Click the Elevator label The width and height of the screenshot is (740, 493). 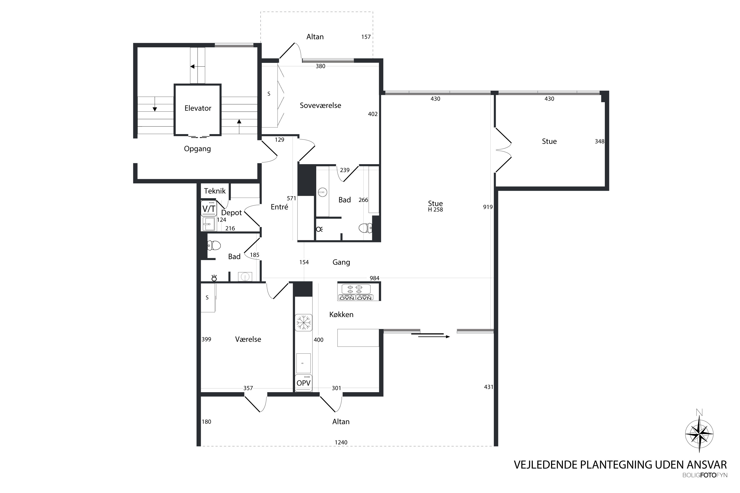click(x=198, y=108)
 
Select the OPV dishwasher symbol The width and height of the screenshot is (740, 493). click(x=303, y=383)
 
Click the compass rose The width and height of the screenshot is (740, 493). click(x=699, y=434)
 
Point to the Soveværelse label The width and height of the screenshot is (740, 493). click(x=320, y=105)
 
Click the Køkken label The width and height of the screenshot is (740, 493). click(x=341, y=315)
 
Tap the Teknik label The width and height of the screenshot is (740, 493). click(x=215, y=191)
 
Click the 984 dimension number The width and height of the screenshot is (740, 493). click(x=374, y=278)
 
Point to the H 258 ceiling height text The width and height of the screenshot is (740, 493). click(x=435, y=210)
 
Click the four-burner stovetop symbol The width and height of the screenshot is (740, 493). click(x=355, y=289)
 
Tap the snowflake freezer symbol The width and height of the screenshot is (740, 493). click(x=303, y=323)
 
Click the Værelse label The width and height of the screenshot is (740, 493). click(x=248, y=339)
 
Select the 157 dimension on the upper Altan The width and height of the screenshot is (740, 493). click(x=366, y=37)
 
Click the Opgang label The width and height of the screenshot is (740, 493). click(x=197, y=149)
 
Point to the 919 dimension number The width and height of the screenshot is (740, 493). click(x=488, y=207)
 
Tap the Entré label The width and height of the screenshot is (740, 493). click(x=279, y=207)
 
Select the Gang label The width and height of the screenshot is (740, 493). click(x=341, y=262)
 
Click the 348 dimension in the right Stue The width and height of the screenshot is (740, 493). click(x=599, y=141)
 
